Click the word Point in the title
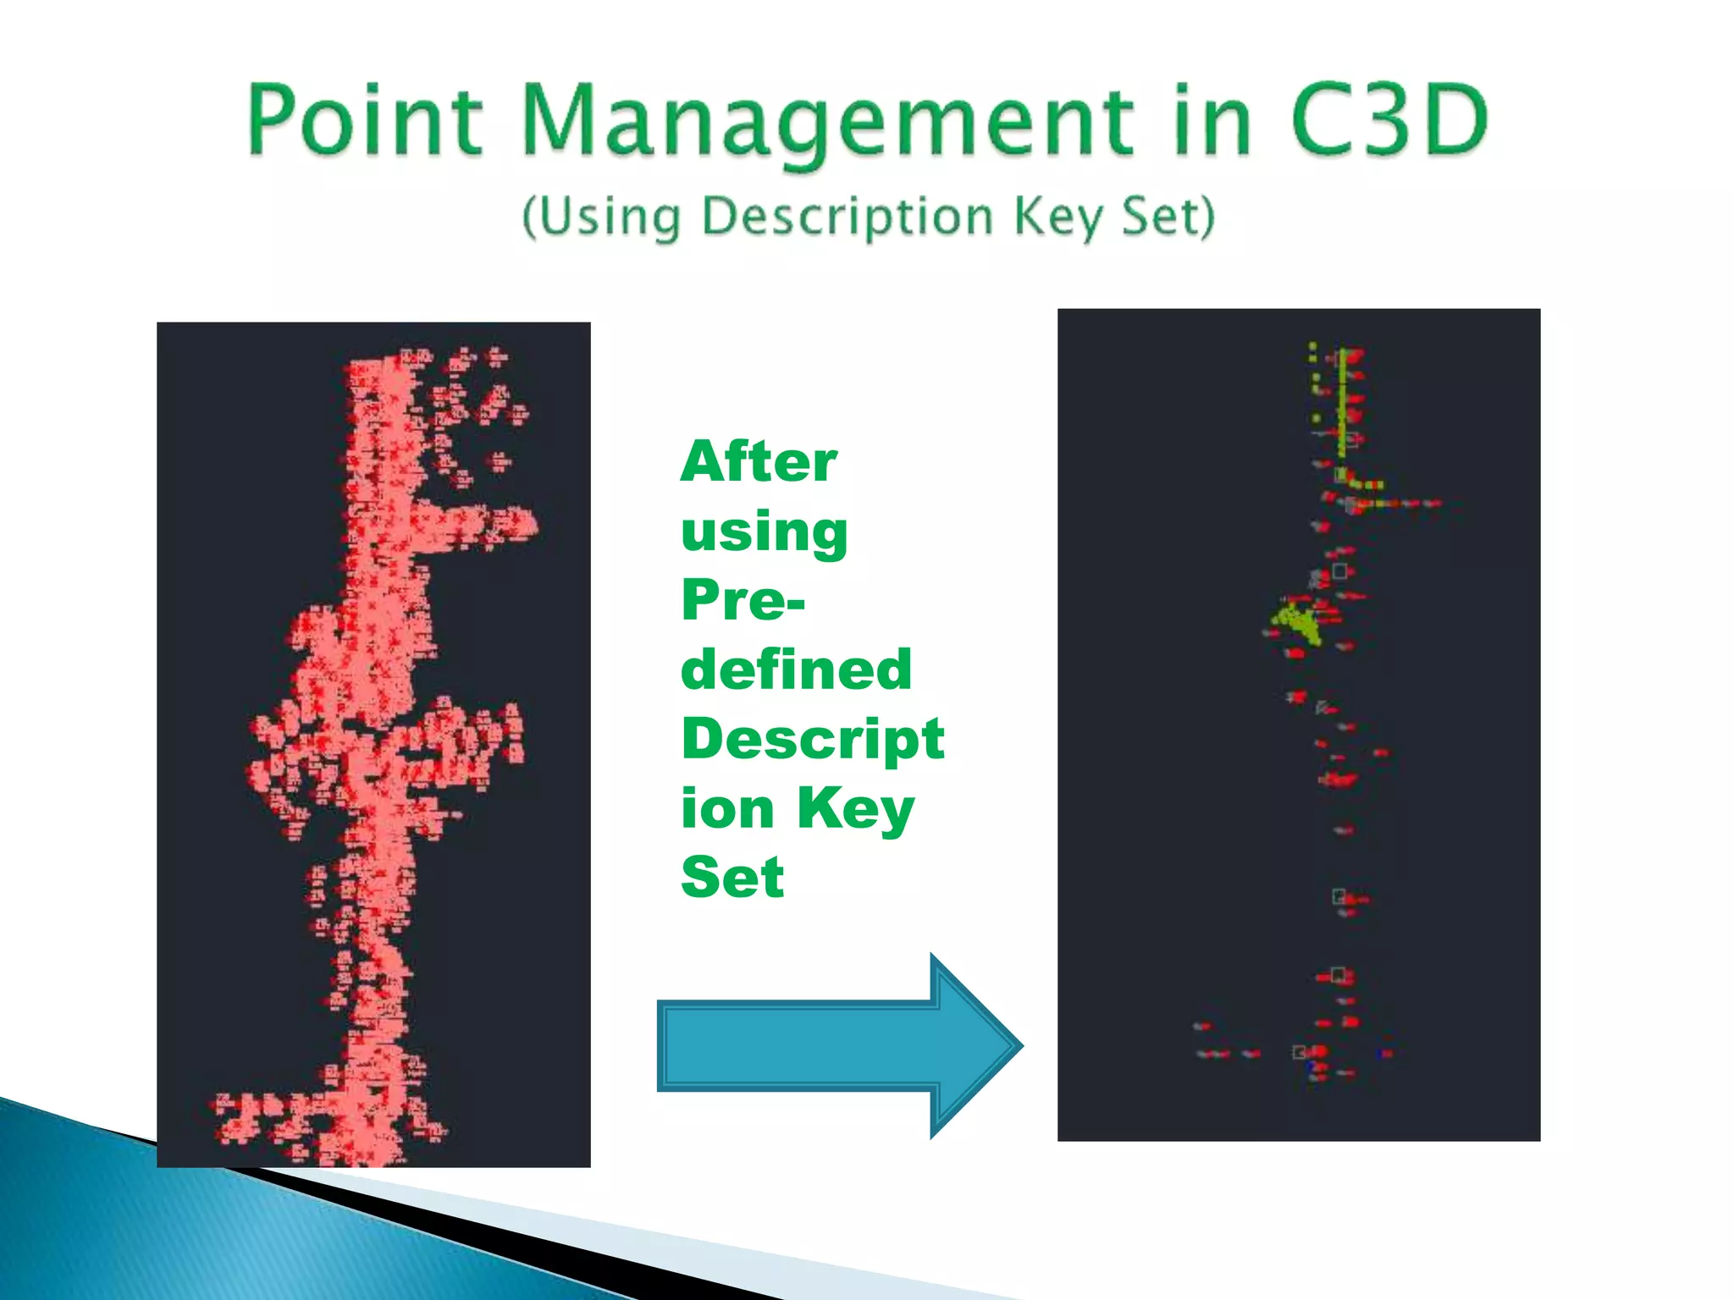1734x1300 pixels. pos(366,121)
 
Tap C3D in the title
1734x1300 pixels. pos(1389,121)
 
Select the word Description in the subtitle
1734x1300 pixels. pos(848,218)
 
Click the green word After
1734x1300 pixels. pos(759,462)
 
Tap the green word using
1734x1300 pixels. pos(764,532)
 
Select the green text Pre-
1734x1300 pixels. pos(743,600)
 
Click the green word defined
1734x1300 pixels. pos(796,669)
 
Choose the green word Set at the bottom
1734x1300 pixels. pos(732,877)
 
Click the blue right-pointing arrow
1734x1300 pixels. pos(838,1046)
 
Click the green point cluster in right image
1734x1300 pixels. pos(1296,622)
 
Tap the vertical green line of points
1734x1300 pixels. pos(1342,402)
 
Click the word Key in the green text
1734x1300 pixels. pos(855,808)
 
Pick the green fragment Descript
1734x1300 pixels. pos(812,739)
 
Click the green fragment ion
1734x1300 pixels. pos(727,808)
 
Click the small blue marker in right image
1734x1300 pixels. pos(1386,1054)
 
